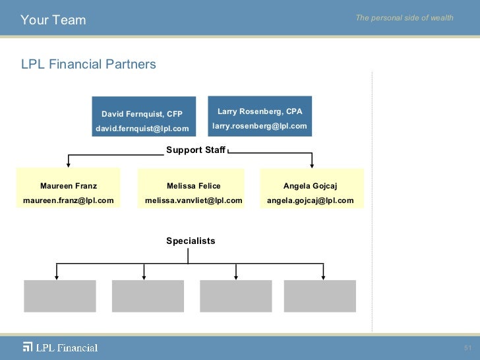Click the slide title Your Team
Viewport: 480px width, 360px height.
[x=53, y=20]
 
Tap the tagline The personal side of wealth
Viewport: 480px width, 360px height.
[x=404, y=18]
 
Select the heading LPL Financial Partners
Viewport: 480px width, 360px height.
[x=88, y=65]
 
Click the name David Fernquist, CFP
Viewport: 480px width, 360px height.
[x=142, y=114]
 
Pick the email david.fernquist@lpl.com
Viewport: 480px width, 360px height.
[x=142, y=129]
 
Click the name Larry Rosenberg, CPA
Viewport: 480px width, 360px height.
[x=260, y=111]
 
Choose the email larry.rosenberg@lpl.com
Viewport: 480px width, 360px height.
[x=260, y=126]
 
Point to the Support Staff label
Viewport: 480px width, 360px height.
[x=196, y=150]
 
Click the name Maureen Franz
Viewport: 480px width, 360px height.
[x=69, y=186]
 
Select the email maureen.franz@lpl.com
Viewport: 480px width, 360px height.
[x=69, y=200]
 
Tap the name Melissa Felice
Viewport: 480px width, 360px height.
[x=194, y=186]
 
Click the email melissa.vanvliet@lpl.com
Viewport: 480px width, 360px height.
[x=194, y=200]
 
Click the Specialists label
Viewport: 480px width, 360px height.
[x=191, y=241]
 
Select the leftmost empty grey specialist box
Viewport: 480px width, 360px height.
[x=60, y=296]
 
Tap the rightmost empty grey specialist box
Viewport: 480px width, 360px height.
[x=320, y=296]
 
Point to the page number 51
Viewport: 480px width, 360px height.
[x=468, y=348]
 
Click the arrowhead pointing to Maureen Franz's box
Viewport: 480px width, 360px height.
[x=68, y=165]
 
